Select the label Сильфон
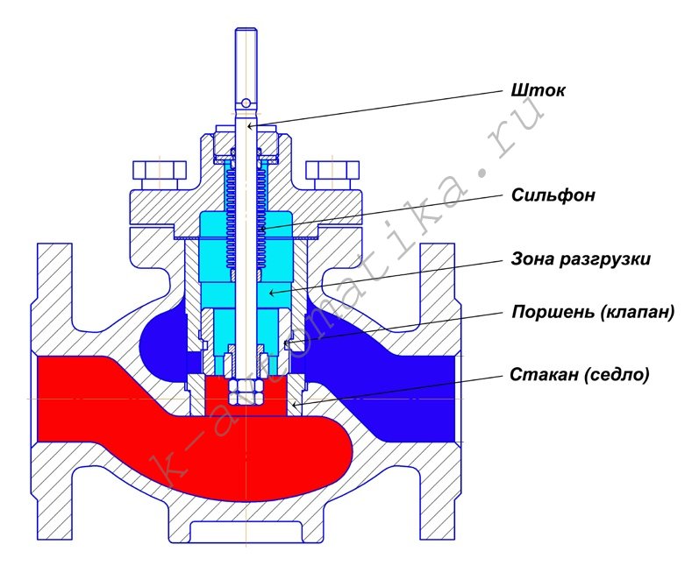pyautogui.click(x=553, y=194)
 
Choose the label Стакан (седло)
pyautogui.click(x=579, y=374)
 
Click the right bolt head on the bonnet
pyautogui.click(x=333, y=173)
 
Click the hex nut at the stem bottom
pyautogui.click(x=243, y=391)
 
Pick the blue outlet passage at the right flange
pyautogui.click(x=430, y=385)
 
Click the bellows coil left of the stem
pyautogui.click(x=232, y=219)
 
